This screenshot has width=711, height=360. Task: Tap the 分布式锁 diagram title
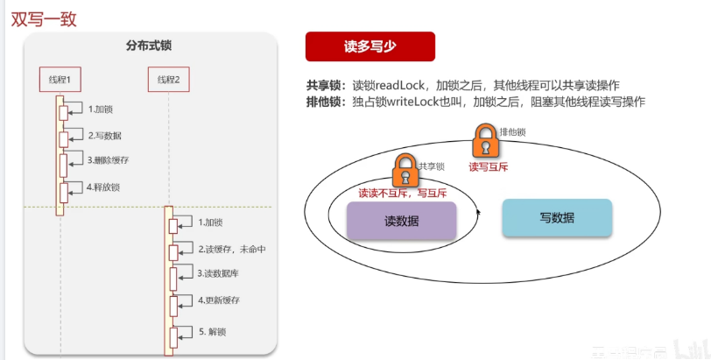click(x=149, y=46)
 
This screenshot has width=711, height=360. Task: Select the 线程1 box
click(x=60, y=80)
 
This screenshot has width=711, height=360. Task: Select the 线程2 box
click(x=168, y=80)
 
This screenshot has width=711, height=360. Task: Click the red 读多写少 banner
click(x=370, y=47)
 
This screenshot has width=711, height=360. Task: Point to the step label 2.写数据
click(x=105, y=136)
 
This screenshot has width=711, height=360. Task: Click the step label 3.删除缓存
click(x=109, y=160)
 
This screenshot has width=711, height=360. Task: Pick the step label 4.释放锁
click(x=104, y=187)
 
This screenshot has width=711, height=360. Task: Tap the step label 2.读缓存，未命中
click(x=231, y=249)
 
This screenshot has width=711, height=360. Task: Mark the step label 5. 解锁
click(x=214, y=331)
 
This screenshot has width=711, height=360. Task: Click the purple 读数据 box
click(x=402, y=222)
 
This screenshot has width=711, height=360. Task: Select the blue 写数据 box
click(x=557, y=218)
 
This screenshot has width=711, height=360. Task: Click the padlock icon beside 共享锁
click(x=405, y=168)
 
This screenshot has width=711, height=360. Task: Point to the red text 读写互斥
click(x=489, y=166)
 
